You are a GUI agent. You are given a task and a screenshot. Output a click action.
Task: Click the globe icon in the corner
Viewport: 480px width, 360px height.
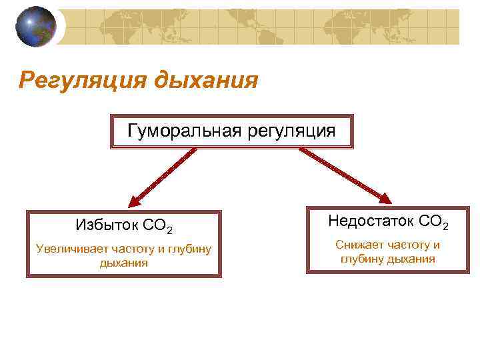point(36,26)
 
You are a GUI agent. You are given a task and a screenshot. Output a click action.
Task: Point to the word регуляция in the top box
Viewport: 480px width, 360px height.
point(291,130)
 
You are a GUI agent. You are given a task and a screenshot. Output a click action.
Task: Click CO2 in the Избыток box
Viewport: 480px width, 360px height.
point(159,226)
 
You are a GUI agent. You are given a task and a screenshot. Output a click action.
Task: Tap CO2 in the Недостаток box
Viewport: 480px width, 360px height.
point(434,221)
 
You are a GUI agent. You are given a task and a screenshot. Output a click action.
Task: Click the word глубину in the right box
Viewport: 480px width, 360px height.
point(363,259)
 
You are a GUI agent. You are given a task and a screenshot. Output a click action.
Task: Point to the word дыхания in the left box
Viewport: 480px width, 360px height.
point(123,263)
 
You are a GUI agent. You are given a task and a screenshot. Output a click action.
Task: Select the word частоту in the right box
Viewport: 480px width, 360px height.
point(407,245)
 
